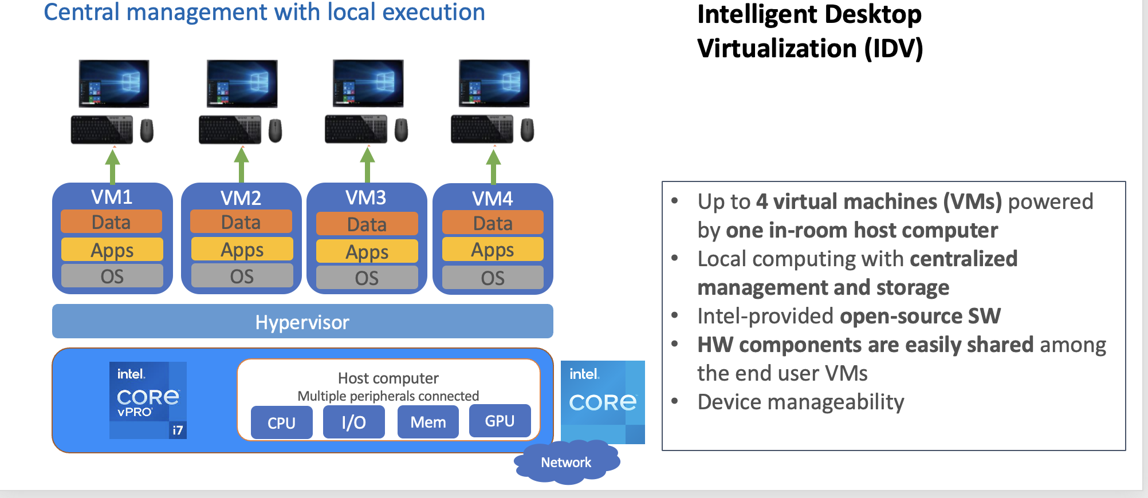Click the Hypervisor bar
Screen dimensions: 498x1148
(x=302, y=322)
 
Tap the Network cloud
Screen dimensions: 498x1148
(x=566, y=462)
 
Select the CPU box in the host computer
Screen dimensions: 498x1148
(x=281, y=422)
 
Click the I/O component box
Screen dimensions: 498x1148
(x=353, y=422)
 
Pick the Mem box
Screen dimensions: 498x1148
(x=428, y=422)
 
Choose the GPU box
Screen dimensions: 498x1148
(x=500, y=421)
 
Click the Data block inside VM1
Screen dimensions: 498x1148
(x=111, y=222)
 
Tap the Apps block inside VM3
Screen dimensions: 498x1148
(x=367, y=252)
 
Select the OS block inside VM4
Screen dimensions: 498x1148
(x=493, y=278)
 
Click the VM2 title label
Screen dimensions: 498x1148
(x=241, y=198)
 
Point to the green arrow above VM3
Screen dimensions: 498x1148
(x=367, y=164)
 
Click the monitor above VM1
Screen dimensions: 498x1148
(x=114, y=84)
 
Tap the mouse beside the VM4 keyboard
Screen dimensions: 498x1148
(x=527, y=130)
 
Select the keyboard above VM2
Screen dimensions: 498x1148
(x=230, y=130)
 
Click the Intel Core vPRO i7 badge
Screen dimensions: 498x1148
(x=148, y=400)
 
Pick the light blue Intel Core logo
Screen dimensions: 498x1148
(x=603, y=402)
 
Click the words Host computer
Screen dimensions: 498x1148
(x=388, y=378)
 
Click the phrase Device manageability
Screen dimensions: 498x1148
(x=800, y=402)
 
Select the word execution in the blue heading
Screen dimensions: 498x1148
(x=434, y=12)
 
